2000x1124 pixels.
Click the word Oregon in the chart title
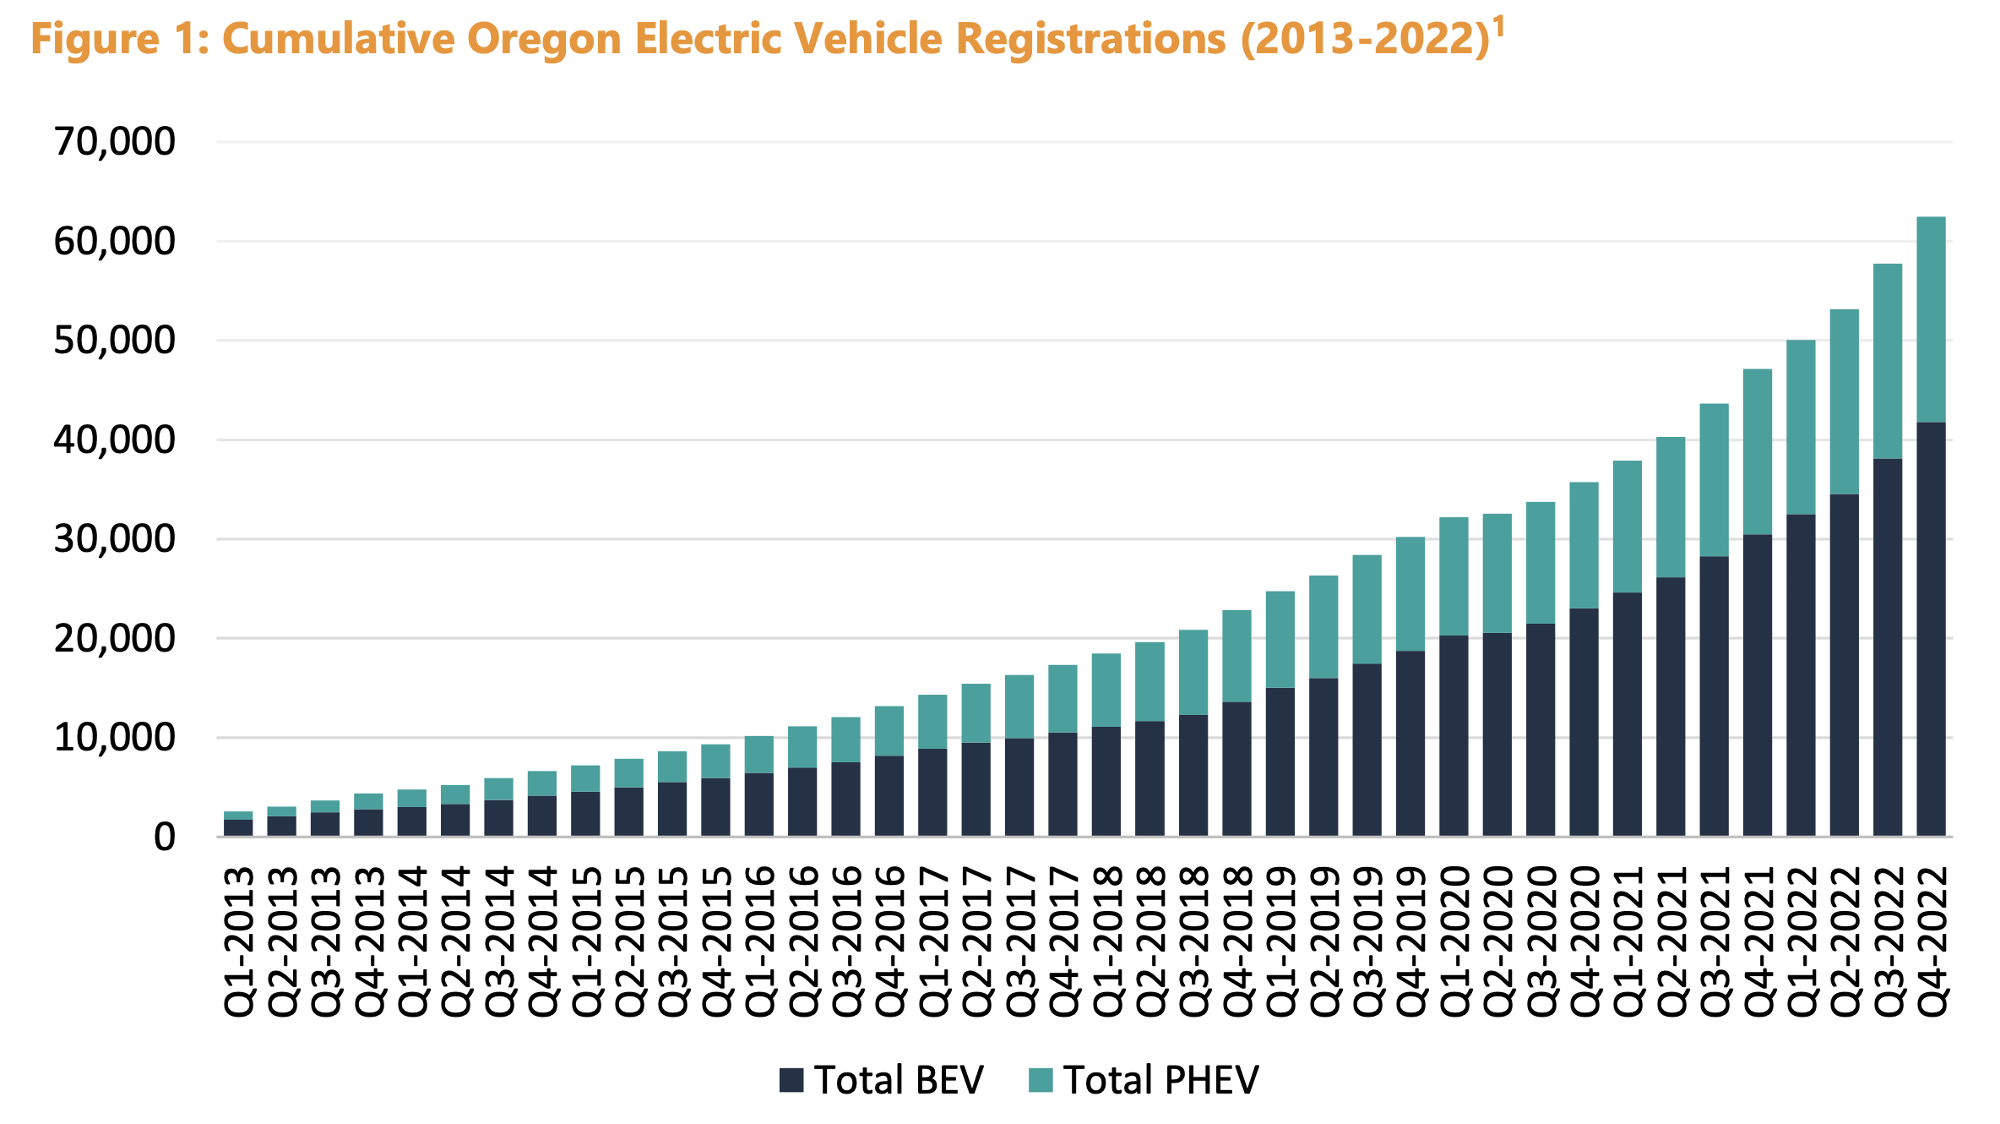[544, 40]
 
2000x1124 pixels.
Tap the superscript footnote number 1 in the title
[1498, 28]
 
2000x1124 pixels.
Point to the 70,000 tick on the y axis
[115, 141]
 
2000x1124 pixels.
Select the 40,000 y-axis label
[115, 439]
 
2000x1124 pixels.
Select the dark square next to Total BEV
[791, 1080]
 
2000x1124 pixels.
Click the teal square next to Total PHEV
[1041, 1080]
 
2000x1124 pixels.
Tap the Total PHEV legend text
[1160, 1080]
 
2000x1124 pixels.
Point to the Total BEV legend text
[899, 1080]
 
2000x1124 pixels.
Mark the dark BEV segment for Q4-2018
[1236, 769]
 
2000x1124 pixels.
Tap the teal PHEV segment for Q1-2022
[1801, 427]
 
